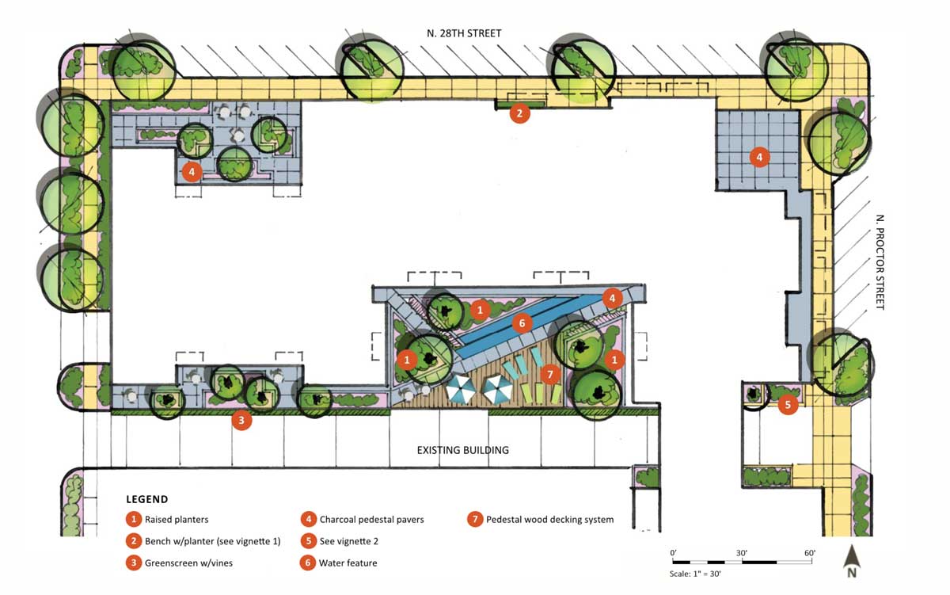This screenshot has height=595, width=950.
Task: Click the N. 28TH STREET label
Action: click(462, 33)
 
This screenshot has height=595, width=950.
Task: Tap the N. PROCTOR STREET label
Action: click(879, 262)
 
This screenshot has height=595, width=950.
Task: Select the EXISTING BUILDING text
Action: click(463, 450)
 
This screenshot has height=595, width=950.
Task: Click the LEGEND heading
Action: click(146, 499)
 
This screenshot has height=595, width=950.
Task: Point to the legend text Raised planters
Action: click(177, 520)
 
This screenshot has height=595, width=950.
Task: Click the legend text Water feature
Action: click(348, 563)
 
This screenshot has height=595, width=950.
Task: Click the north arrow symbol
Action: click(852, 560)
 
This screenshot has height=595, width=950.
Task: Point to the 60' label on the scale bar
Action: click(809, 552)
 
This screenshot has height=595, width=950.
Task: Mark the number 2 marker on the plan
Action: click(519, 113)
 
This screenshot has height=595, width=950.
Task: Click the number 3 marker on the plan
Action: click(242, 421)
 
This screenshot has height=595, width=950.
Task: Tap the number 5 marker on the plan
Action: click(787, 405)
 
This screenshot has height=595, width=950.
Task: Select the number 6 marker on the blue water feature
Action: click(520, 322)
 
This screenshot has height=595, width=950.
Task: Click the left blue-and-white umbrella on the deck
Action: click(460, 389)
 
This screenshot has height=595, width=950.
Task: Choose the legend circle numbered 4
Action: click(308, 520)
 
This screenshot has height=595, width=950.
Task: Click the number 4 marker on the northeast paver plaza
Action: click(759, 157)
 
